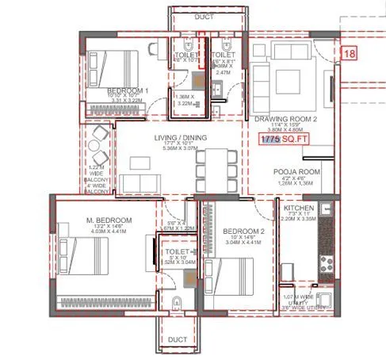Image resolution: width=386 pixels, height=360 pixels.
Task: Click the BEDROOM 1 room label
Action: pos(126,91)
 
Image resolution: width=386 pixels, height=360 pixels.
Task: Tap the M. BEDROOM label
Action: pos(110,219)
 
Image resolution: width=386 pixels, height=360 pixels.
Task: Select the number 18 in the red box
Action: pos(349,53)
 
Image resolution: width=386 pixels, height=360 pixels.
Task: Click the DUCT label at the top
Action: pos(185,15)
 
